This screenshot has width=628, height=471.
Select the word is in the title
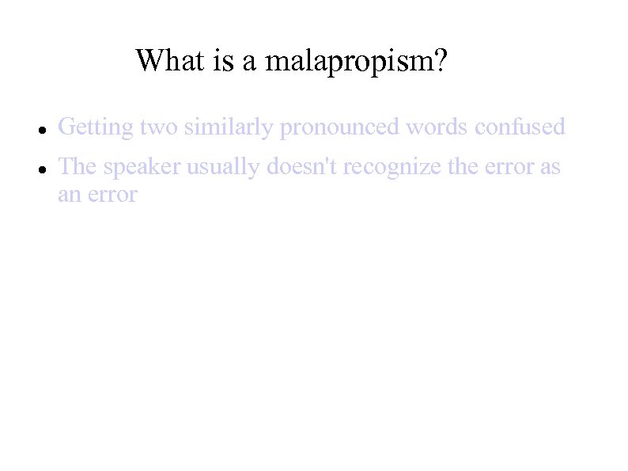pyautogui.click(x=222, y=60)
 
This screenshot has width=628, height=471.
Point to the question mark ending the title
pyautogui.click(x=440, y=60)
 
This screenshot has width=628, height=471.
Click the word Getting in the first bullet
pyautogui.click(x=96, y=127)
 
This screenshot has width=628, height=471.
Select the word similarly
pyautogui.click(x=229, y=127)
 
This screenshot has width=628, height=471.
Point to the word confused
pyautogui.click(x=520, y=127)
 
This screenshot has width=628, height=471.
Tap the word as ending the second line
pyautogui.click(x=550, y=168)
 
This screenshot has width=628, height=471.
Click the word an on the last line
pyautogui.click(x=69, y=195)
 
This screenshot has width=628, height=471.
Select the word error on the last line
pyautogui.click(x=112, y=195)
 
